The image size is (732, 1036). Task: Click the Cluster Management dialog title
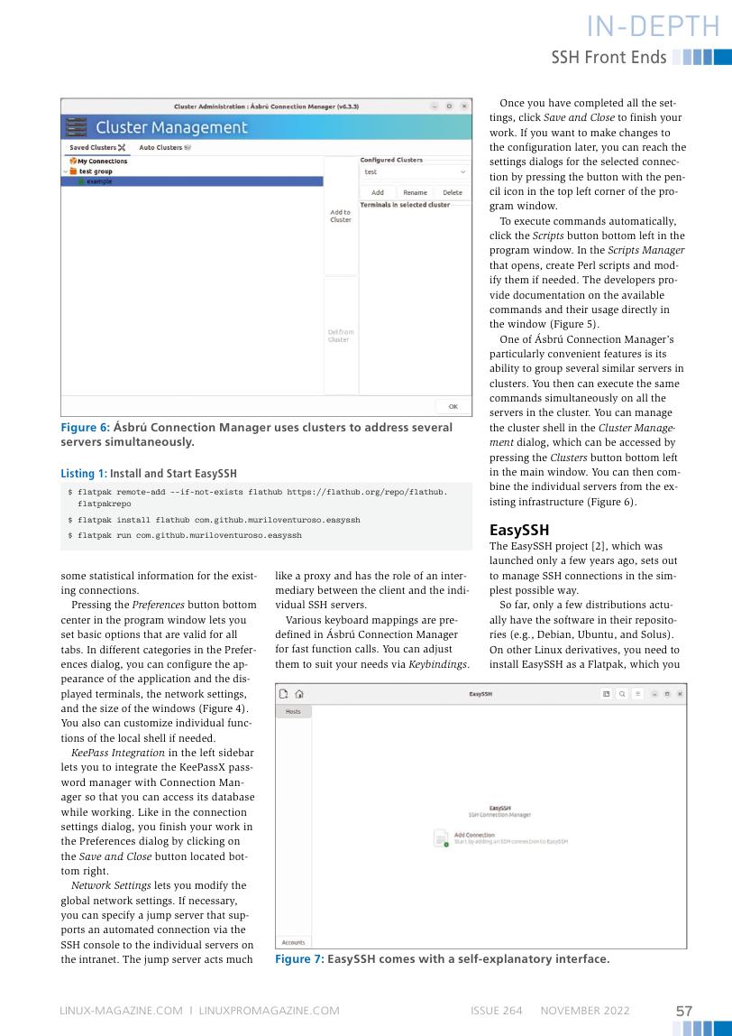171,128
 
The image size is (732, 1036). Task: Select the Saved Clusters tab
96,147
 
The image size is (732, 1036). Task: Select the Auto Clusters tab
163,147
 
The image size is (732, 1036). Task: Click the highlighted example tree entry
100,180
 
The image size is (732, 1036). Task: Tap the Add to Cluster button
341,217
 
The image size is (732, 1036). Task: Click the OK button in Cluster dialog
453,406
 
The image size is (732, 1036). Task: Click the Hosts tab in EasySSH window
293,712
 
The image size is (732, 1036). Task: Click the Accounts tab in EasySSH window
293,941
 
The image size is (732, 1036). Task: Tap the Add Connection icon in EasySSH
441,838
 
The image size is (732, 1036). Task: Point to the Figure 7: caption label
298,959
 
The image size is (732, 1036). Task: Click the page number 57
684,1011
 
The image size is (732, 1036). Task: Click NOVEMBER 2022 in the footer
584,1011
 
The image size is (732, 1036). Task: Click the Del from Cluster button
341,336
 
